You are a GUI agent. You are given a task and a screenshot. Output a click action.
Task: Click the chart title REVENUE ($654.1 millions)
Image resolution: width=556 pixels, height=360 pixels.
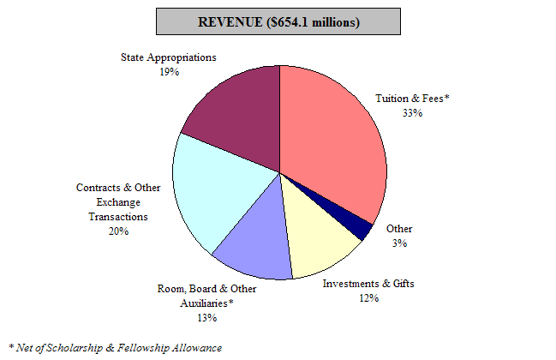pyautogui.click(x=278, y=21)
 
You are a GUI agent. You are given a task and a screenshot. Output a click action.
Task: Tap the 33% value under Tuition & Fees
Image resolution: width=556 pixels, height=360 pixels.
pyautogui.click(x=413, y=112)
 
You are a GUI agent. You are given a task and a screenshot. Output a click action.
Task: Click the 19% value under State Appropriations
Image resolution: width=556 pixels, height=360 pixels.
pyautogui.click(x=168, y=72)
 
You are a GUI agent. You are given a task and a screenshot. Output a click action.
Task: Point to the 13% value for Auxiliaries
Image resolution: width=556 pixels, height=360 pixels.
pyautogui.click(x=206, y=318)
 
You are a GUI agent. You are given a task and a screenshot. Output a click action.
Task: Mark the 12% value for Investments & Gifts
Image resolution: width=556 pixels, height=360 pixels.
pyautogui.click(x=368, y=298)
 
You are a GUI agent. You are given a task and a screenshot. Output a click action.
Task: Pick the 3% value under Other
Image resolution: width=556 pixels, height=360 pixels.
pyautogui.click(x=399, y=243)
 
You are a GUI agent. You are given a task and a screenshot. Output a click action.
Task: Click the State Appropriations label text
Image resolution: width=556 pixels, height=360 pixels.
pyautogui.click(x=168, y=57)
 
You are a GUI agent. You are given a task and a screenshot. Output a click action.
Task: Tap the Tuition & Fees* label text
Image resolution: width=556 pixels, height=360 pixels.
pyautogui.click(x=413, y=99)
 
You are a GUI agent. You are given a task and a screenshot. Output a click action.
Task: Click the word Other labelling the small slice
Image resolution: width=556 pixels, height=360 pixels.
pyautogui.click(x=399, y=229)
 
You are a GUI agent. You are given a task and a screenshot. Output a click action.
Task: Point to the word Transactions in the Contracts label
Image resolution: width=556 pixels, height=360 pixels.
pyautogui.click(x=117, y=217)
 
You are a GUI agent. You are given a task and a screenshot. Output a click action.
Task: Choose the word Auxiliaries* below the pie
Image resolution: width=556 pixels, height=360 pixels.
pyautogui.click(x=206, y=303)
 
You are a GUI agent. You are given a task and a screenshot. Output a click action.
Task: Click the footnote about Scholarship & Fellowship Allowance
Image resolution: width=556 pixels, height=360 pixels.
pyautogui.click(x=116, y=347)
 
